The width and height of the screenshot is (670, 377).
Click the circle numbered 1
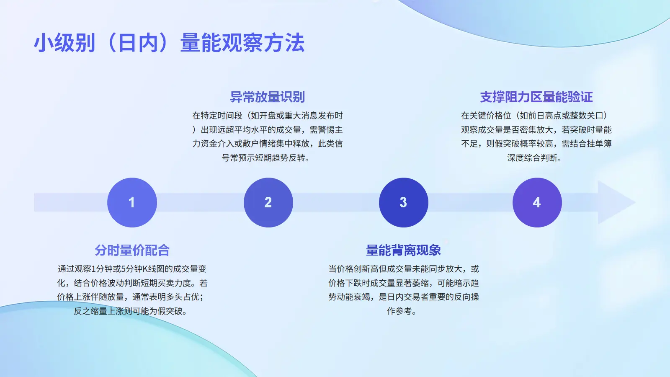pos(132,203)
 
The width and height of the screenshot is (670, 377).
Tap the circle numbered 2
pos(268,203)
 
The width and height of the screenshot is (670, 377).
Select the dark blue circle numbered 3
pos(404,203)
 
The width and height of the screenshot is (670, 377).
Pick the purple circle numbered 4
pos(537,203)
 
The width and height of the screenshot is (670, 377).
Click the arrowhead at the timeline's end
pos(615,203)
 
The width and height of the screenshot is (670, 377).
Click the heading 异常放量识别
pos(268,97)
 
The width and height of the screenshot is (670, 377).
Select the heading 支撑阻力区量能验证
pos(536,97)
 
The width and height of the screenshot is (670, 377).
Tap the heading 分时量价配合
pos(132,250)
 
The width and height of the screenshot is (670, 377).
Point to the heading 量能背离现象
pos(404,250)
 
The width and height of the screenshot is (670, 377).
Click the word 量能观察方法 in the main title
pos(242,43)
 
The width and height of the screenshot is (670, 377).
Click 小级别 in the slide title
pos(64,43)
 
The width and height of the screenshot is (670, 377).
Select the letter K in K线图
pos(145,269)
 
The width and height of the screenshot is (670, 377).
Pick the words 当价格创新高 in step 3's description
pos(353,269)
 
